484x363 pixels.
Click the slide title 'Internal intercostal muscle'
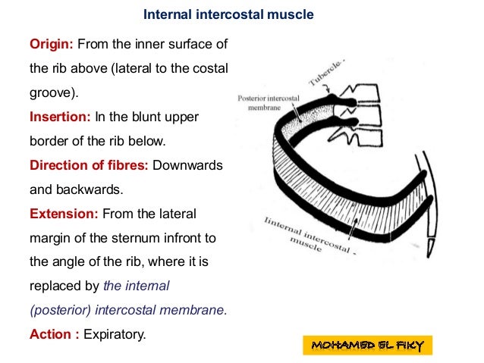pyautogui.click(x=228, y=14)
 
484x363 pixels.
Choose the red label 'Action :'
pyautogui.click(x=54, y=333)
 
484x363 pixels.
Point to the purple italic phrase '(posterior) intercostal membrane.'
pyautogui.click(x=128, y=310)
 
